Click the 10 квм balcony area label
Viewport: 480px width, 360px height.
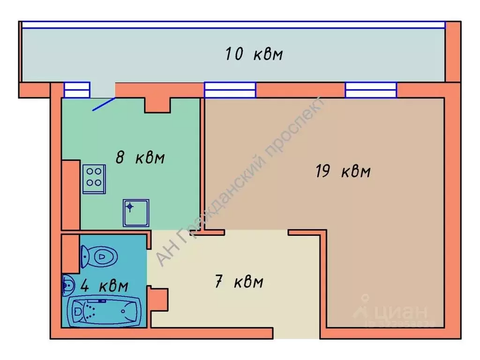(254, 54)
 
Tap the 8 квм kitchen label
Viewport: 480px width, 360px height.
(140, 157)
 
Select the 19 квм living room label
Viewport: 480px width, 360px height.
(343, 172)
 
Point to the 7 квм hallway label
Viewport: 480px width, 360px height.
(239, 282)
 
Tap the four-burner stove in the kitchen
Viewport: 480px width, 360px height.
(94, 178)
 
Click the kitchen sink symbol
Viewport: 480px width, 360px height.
(136, 213)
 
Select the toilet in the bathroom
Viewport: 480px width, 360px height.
(99, 256)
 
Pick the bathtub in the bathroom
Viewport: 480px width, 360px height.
(104, 310)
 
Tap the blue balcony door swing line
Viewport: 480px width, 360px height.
(104, 104)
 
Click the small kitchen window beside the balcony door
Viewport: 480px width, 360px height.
(76, 90)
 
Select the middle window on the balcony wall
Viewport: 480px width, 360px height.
(230, 90)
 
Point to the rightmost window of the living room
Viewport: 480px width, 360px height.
(371, 90)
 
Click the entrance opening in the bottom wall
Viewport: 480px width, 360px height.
(296, 333)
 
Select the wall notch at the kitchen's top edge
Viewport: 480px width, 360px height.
(157, 105)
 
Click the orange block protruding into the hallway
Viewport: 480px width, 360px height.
(158, 299)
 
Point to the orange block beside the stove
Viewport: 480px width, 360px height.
(71, 195)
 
